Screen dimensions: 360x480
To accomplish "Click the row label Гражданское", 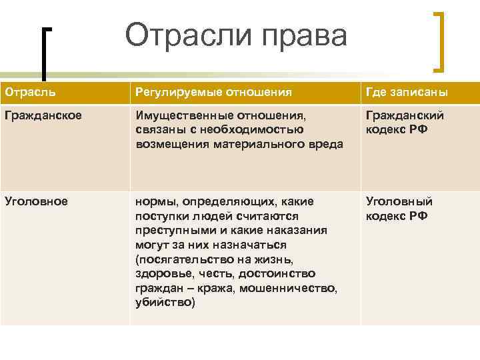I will pos(43,115).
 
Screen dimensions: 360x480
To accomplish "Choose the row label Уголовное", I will pos(36,201).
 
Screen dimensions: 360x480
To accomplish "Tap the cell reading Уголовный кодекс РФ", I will pos(399,208).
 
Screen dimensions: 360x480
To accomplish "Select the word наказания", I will pos(297,230).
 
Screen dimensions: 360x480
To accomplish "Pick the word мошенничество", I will pos(291,288).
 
